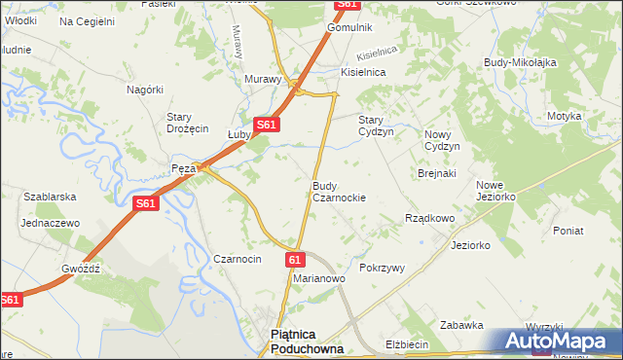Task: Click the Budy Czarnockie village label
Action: coord(338,191)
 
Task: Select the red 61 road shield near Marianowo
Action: coord(296,259)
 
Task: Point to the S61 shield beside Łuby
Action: coord(268,125)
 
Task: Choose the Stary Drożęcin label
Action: coord(187,123)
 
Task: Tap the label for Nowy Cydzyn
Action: coord(441,139)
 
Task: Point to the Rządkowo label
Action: coord(429,219)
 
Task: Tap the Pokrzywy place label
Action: coord(382,268)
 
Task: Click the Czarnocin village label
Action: coord(237,260)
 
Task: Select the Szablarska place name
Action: coord(50,197)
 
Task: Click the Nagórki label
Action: coord(144,89)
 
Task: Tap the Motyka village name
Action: coord(564,116)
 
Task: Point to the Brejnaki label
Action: coord(436,173)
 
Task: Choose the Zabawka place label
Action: coord(461,325)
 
